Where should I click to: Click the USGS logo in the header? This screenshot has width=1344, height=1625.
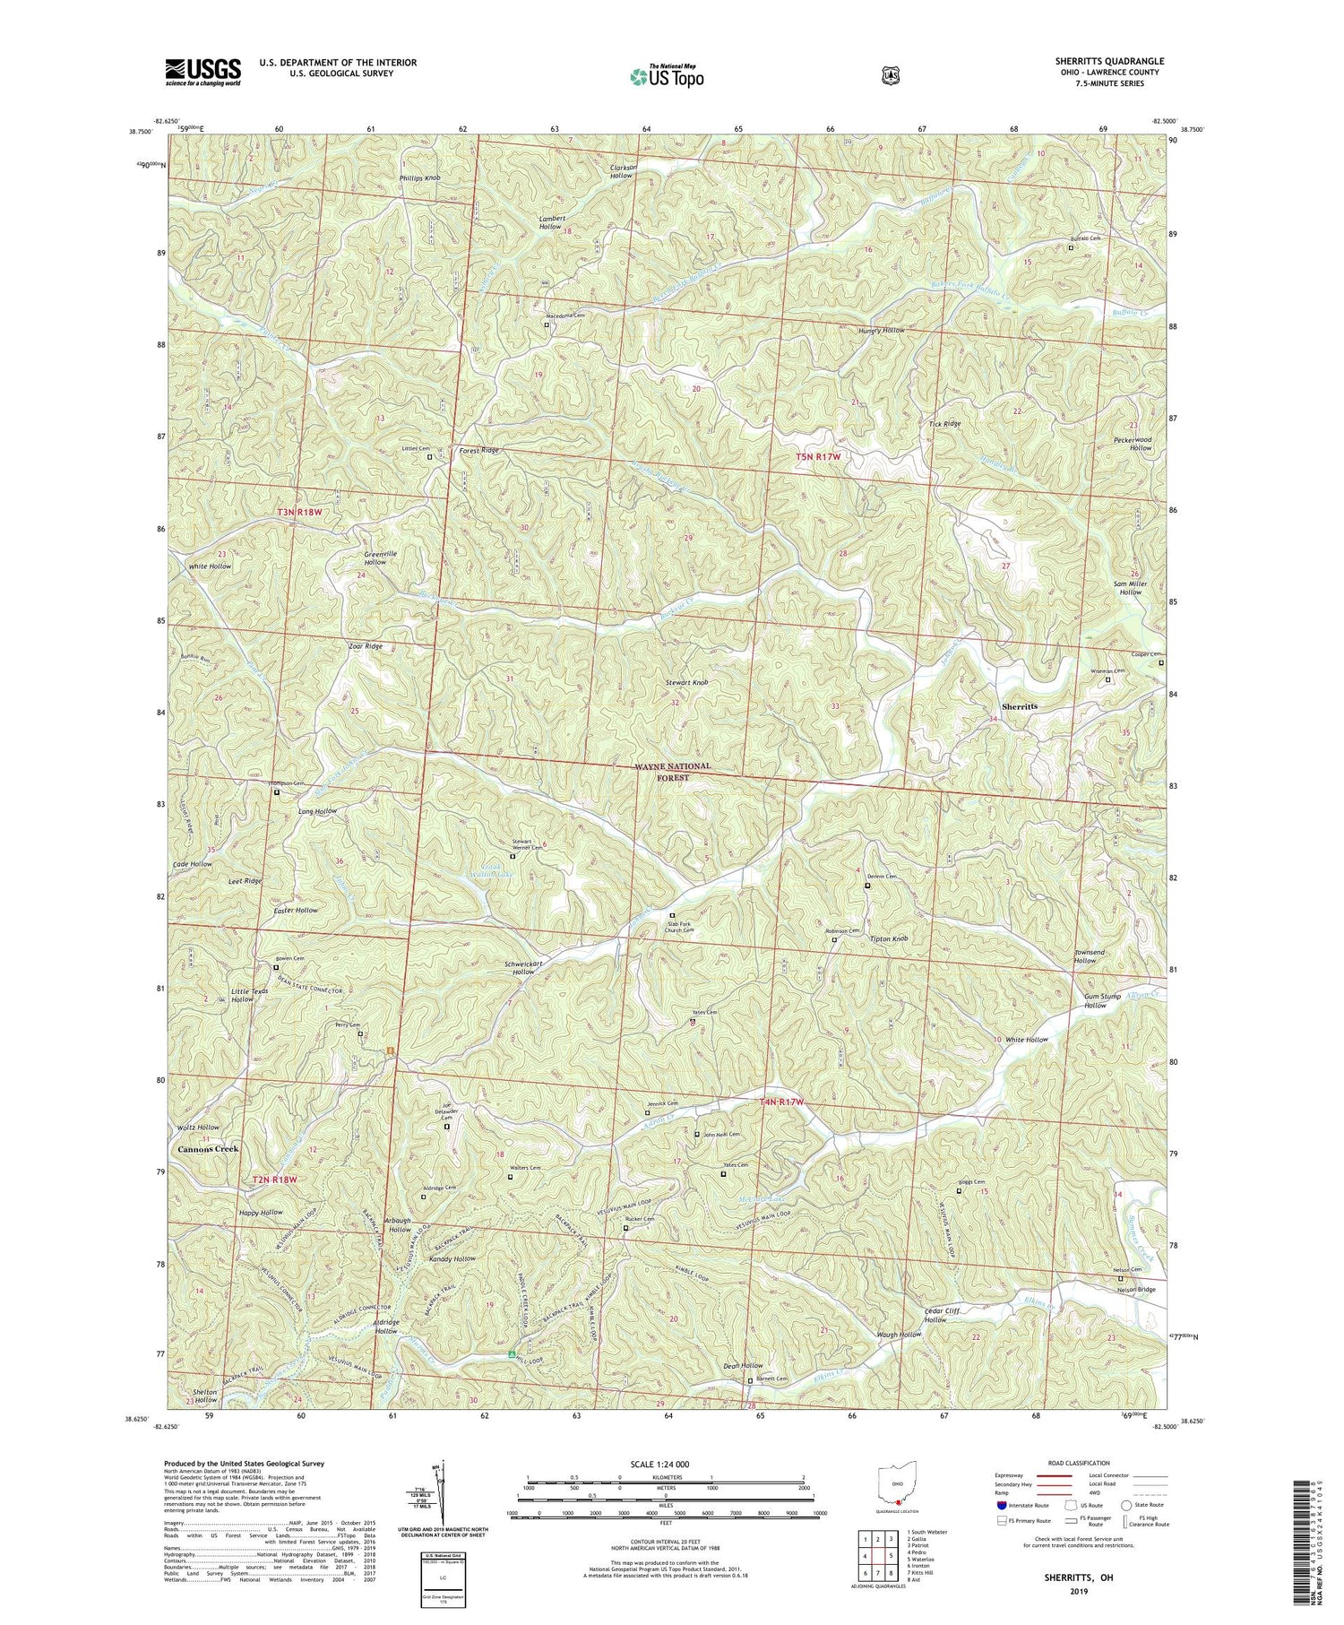click(202, 72)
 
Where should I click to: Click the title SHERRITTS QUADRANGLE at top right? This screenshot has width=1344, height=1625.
click(1107, 61)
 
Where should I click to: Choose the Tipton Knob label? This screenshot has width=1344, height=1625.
click(889, 938)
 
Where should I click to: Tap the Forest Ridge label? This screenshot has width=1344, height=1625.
click(478, 450)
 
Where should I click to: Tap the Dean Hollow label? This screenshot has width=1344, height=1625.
click(743, 1366)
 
